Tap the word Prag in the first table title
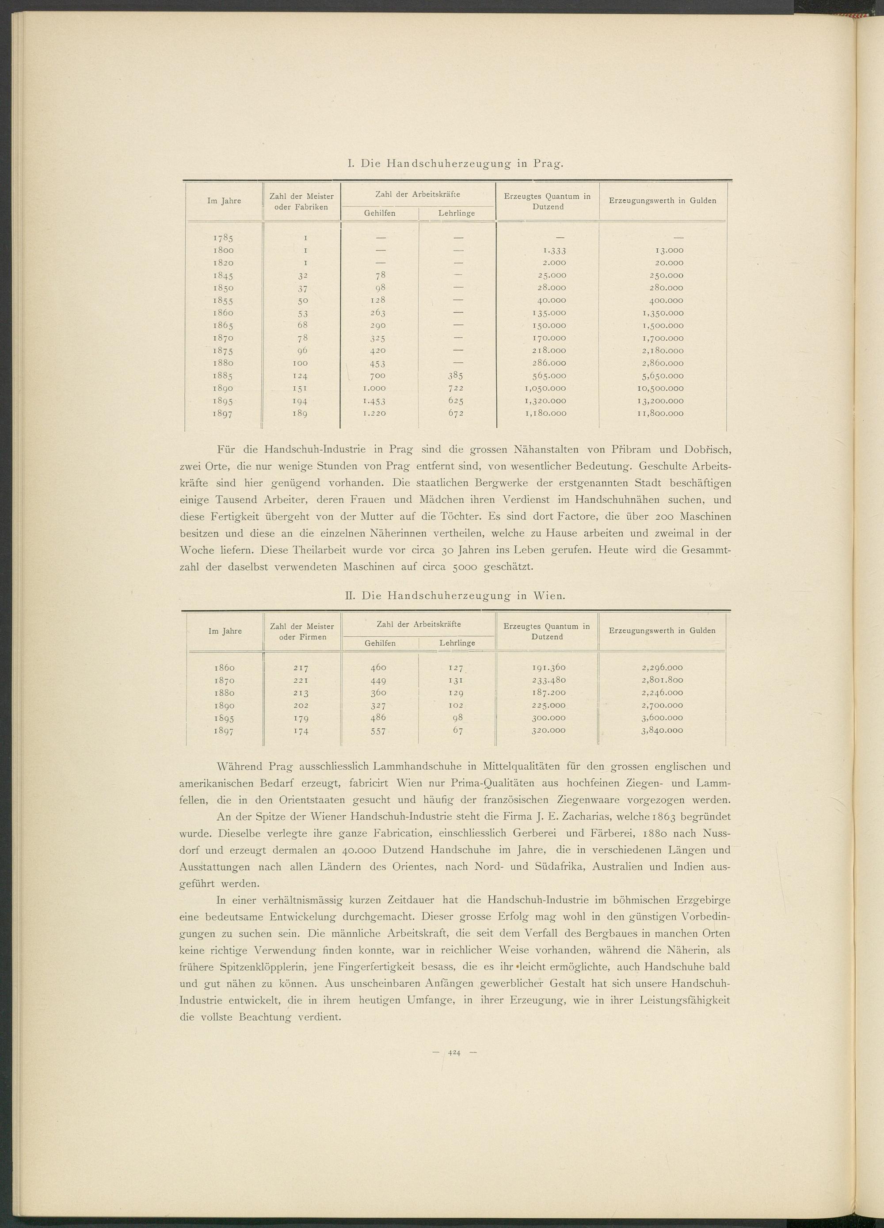point(548,163)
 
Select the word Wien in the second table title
point(550,596)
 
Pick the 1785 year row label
point(224,238)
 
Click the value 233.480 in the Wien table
point(549,680)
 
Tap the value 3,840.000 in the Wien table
point(661,730)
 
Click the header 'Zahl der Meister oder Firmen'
point(302,631)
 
